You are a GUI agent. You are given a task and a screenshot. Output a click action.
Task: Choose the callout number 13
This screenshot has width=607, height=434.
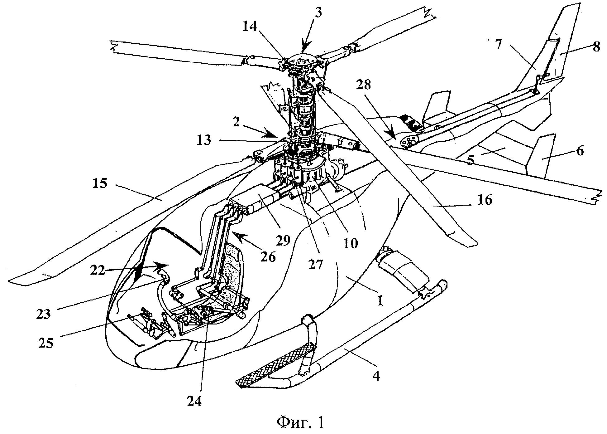coord(204,140)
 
